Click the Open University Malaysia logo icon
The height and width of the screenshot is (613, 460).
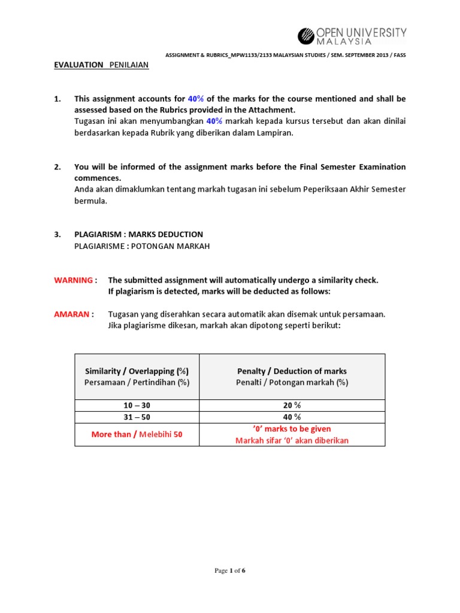[306, 36]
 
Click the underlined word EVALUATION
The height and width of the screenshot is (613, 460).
[78, 65]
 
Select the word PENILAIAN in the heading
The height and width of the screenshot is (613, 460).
[129, 65]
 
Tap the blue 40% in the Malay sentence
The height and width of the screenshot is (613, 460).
[214, 122]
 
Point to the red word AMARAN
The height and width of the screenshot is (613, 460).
[72, 314]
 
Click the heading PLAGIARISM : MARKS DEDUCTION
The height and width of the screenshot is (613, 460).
[138, 235]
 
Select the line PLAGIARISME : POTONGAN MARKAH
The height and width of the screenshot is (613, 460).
[142, 246]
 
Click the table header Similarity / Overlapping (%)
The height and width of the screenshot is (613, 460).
[137, 371]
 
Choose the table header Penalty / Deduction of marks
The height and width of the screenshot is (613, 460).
[292, 371]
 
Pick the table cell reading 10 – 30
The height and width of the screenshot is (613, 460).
[137, 405]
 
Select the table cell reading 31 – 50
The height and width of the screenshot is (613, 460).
[137, 417]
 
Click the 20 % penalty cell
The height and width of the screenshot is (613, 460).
[292, 405]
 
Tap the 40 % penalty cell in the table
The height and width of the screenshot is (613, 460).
[292, 417]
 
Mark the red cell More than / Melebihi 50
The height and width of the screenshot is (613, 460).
[137, 435]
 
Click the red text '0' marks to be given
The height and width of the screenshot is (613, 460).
[292, 429]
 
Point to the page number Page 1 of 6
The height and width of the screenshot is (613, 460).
[230, 570]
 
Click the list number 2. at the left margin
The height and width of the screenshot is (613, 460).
[57, 167]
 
